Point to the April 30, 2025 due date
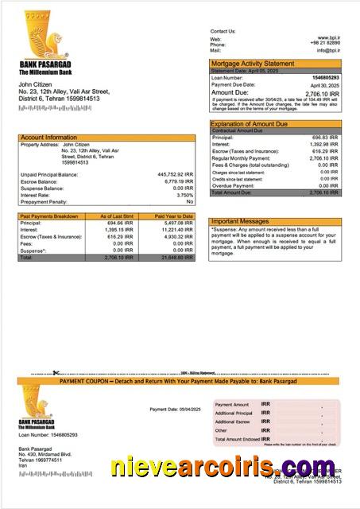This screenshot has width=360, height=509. pyautogui.click(x=324, y=85)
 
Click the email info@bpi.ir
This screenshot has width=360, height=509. pyautogui.click(x=327, y=50)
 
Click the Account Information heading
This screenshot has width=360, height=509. pyautogui.click(x=49, y=138)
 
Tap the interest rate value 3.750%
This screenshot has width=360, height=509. pyautogui.click(x=184, y=195)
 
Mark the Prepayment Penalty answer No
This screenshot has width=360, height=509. pyautogui.click(x=189, y=202)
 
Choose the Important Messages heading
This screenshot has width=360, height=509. pyautogui.click(x=240, y=222)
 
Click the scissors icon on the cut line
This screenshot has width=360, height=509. pyautogui.click(x=56, y=372)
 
